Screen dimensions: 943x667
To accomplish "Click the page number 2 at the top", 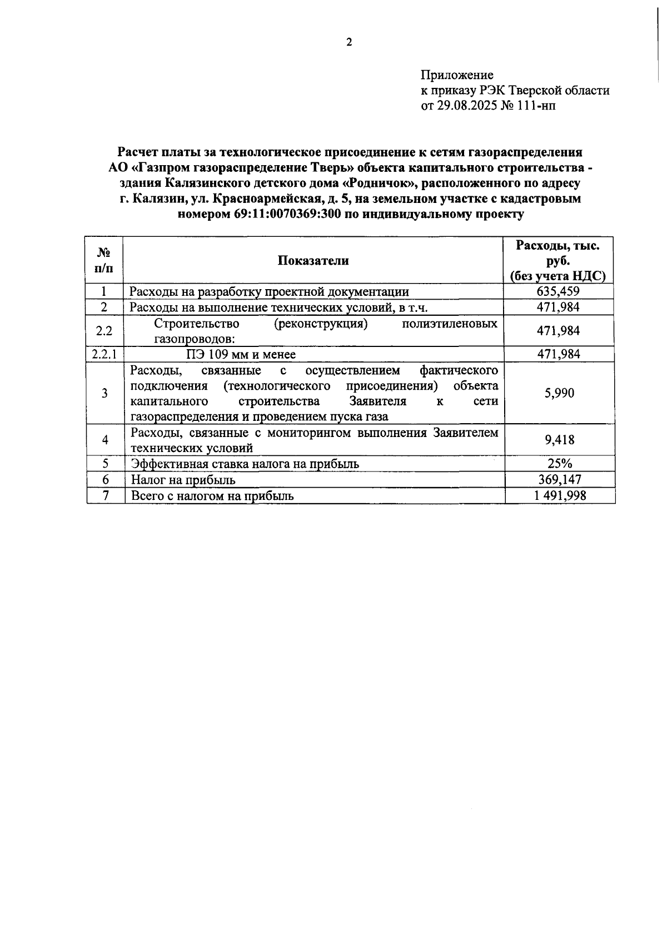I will click(349, 43).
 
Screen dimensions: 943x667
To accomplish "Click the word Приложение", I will click(457, 75).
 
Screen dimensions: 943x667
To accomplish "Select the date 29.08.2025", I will click(464, 106).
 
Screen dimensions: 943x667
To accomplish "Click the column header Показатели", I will click(313, 260).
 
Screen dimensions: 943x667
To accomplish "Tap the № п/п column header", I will click(104, 260).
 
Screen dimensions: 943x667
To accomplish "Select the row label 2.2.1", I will click(104, 354).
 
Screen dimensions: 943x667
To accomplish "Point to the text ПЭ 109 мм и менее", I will click(241, 354).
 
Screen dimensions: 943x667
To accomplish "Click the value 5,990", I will click(559, 393).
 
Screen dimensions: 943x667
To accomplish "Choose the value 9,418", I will click(559, 440).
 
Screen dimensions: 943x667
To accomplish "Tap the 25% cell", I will click(560, 464).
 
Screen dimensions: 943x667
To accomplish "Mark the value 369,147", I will click(559, 479).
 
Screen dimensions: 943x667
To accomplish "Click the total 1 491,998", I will click(559, 495).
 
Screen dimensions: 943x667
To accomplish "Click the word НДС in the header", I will click(588, 276).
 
